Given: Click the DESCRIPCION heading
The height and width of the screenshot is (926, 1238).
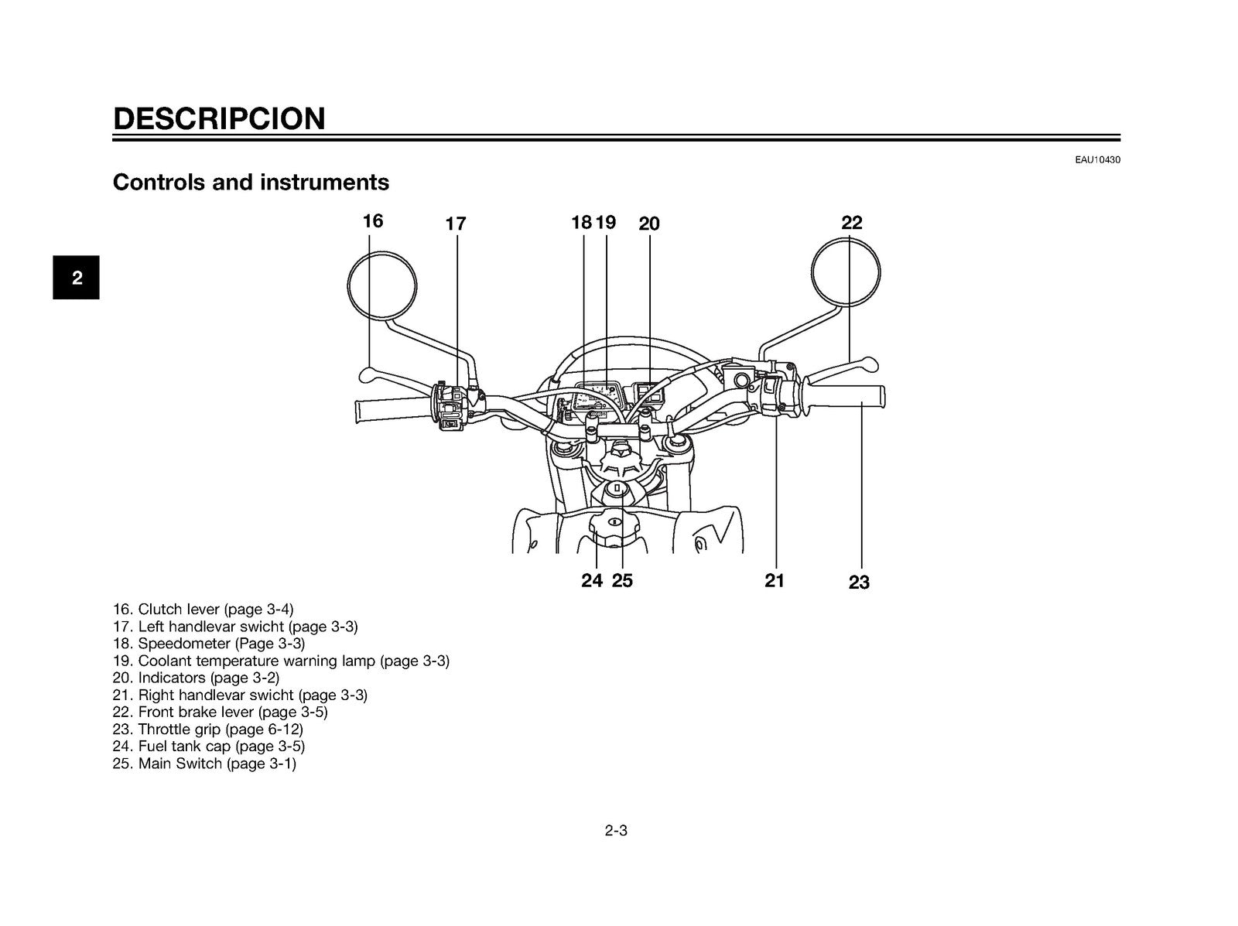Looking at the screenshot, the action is pos(219,118).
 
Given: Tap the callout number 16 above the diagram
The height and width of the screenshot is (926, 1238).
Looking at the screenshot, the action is pos(373,221).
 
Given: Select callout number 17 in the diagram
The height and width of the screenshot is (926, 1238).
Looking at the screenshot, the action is pos(456,224).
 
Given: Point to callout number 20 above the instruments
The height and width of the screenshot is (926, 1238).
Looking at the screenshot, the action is pos(649,224).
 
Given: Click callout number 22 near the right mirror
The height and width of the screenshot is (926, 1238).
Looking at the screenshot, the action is pos(852,223).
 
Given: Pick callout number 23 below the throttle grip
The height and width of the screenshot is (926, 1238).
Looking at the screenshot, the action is pos(859,582).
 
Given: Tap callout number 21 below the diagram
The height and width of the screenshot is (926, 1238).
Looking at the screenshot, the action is pos(775,580).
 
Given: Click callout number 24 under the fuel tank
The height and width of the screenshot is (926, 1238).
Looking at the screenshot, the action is pos(592,580).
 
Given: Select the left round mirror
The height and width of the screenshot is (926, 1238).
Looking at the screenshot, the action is pos(381,251).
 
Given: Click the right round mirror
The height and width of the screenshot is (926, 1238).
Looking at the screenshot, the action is pos(846,239).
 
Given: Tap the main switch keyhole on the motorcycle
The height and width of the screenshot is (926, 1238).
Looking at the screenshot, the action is pos(617,488).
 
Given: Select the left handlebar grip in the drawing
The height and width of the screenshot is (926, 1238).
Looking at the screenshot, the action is pos(393,410).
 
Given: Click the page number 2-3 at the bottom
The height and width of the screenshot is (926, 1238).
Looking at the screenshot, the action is pos(616,831).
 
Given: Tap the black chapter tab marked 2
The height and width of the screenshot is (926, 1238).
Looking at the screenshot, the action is pos(76,278).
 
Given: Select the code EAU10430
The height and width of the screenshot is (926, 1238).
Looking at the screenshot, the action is pos(1097,160).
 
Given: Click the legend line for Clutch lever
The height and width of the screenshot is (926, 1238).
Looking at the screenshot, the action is pos(203,610).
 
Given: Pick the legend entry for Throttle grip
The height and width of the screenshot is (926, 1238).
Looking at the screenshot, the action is pos(207,730).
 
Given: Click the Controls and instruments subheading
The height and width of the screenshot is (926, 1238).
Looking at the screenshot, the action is pos(251,182).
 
